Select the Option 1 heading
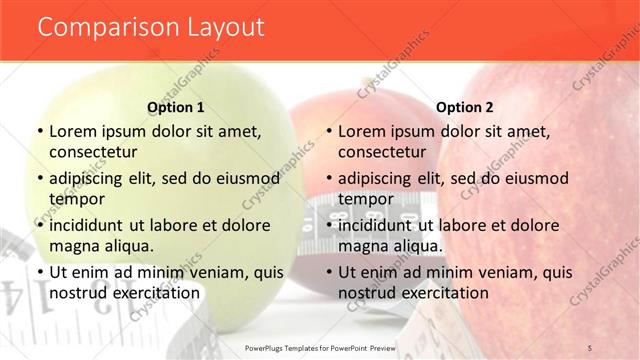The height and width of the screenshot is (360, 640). point(176,107)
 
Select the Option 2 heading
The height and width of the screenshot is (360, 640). point(465,107)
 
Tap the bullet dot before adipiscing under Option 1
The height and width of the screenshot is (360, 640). point(39,178)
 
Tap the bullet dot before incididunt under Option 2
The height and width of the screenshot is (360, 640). point(328,225)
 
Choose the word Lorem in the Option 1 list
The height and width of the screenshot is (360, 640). point(73,131)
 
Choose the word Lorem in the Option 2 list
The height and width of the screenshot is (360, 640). point(362,131)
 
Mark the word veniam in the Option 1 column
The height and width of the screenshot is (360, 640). point(221,272)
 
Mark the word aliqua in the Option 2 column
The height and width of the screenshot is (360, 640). point(418,246)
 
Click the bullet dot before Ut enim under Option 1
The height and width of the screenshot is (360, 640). point(39,272)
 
